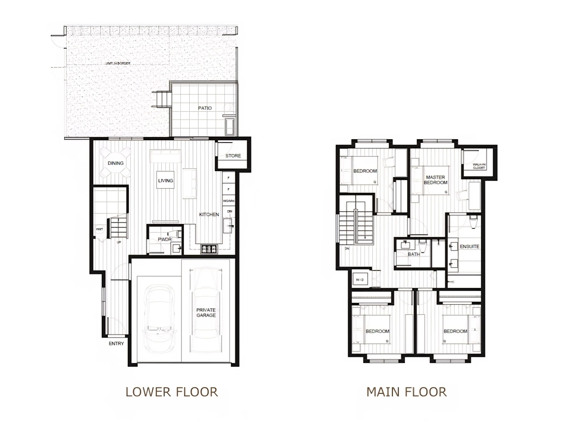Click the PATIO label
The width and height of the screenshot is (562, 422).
click(205, 108)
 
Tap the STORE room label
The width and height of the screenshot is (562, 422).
click(233, 156)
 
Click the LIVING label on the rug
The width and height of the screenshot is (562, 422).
click(165, 181)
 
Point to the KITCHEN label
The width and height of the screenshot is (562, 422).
click(209, 214)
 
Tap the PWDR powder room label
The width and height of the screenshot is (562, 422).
click(165, 239)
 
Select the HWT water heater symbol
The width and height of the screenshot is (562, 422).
click(99, 229)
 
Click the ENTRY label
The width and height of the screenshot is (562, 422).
click(116, 344)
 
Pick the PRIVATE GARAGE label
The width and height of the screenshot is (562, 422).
click(206, 312)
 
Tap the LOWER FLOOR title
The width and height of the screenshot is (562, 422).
click(172, 392)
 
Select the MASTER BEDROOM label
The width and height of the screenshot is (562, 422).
click(435, 180)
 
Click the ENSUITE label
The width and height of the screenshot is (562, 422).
click(470, 246)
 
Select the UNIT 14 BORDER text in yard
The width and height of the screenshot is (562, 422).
click(118, 63)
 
